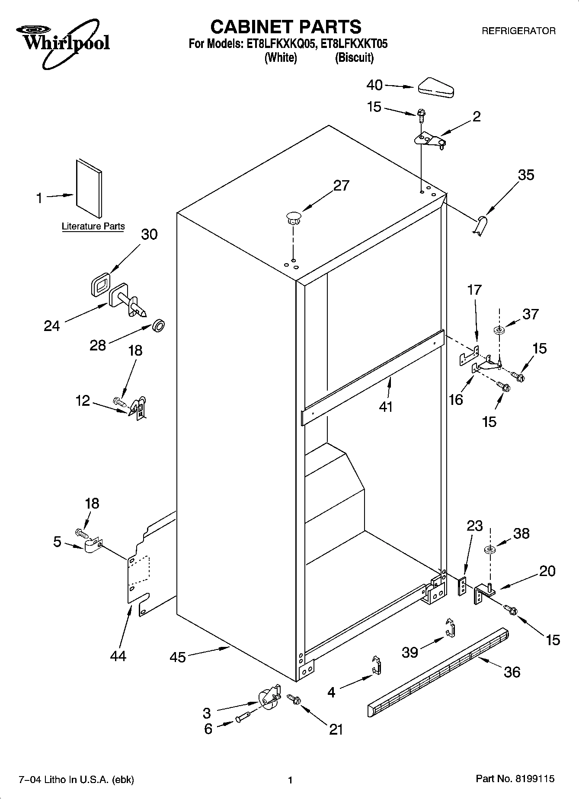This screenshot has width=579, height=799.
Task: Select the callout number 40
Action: pyautogui.click(x=374, y=85)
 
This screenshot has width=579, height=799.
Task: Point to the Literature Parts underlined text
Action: pyautogui.click(x=93, y=226)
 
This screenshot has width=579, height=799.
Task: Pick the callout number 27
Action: pyautogui.click(x=341, y=185)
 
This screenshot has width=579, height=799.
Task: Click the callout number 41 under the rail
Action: pyautogui.click(x=386, y=407)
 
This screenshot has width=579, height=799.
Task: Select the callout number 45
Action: pyautogui.click(x=178, y=657)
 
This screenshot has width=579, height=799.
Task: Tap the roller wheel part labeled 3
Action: pyautogui.click(x=268, y=697)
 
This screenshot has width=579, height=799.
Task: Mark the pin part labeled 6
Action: pyautogui.click(x=244, y=719)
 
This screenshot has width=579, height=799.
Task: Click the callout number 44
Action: pyautogui.click(x=118, y=656)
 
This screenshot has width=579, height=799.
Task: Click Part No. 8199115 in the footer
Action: pyautogui.click(x=515, y=779)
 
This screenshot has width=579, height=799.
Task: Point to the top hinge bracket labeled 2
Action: pyautogui.click(x=429, y=140)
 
